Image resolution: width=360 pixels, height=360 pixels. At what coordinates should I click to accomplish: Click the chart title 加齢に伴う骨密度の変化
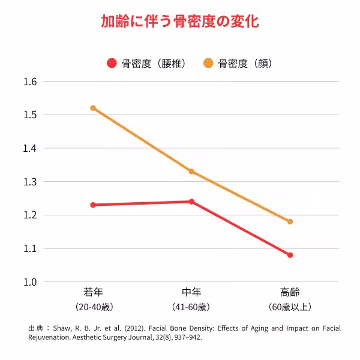(180, 22)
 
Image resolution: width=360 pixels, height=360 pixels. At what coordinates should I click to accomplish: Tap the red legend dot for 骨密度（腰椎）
(112, 63)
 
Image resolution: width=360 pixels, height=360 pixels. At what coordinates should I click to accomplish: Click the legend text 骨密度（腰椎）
(154, 63)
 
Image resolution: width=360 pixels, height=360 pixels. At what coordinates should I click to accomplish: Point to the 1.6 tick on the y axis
(30, 82)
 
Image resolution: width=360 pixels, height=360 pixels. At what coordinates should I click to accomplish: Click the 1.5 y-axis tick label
(30, 115)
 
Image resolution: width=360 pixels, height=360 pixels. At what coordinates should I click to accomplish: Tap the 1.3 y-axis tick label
(30, 182)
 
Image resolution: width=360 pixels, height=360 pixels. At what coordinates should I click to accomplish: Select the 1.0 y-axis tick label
(30, 282)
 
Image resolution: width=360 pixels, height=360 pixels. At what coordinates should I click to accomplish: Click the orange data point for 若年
(93, 108)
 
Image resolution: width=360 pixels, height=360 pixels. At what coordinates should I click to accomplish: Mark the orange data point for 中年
(191, 172)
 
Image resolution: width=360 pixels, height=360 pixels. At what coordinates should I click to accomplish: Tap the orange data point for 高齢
(290, 221)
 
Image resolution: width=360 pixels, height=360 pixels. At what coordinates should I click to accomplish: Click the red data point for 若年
(93, 205)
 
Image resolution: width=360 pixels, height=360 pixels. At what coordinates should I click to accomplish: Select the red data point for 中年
(191, 202)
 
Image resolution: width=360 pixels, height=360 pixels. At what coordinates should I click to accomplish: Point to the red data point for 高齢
(290, 255)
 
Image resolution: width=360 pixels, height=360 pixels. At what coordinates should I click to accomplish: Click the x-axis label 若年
(93, 293)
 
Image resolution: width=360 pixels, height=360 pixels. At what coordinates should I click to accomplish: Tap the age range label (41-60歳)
(191, 307)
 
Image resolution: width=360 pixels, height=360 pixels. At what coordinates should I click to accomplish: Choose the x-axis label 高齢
(290, 293)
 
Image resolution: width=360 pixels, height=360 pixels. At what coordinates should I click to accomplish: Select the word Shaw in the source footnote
(62, 328)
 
